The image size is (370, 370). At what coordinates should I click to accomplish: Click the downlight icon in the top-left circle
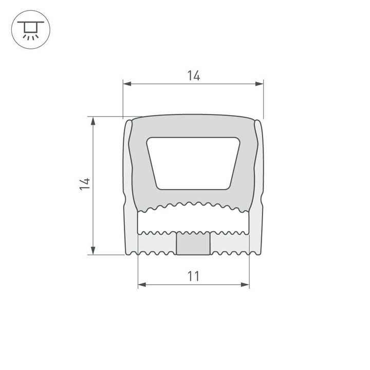[29, 29]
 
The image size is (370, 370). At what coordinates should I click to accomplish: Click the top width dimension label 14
[193, 76]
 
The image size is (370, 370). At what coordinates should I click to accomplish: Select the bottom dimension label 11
[193, 276]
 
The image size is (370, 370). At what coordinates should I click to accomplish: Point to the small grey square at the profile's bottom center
[193, 243]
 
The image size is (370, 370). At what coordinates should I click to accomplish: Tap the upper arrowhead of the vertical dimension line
[93, 121]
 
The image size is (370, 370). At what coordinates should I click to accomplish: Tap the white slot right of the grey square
[229, 243]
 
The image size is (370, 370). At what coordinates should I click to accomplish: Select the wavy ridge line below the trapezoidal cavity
[193, 206]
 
